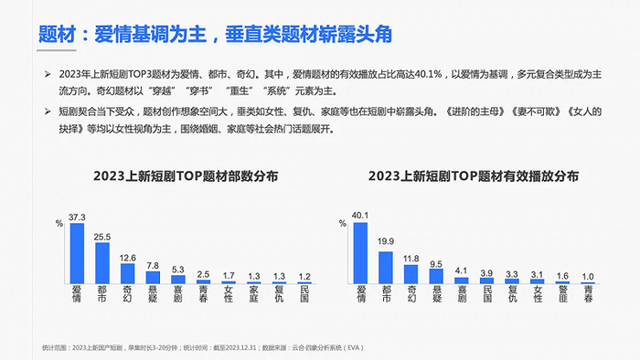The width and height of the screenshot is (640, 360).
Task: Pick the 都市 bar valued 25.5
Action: (x=102, y=262)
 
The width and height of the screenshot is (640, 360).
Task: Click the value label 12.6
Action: (x=127, y=258)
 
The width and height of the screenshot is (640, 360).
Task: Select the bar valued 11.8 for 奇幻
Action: (x=410, y=273)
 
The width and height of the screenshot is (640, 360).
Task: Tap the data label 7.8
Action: (x=153, y=265)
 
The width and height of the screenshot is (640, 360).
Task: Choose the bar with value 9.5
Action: (x=435, y=275)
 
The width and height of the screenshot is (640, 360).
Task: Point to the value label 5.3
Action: (x=178, y=269)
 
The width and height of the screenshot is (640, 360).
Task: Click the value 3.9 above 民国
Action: (x=485, y=271)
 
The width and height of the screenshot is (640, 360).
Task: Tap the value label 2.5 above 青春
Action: (x=203, y=272)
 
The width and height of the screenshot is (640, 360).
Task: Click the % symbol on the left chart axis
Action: (x=59, y=223)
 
